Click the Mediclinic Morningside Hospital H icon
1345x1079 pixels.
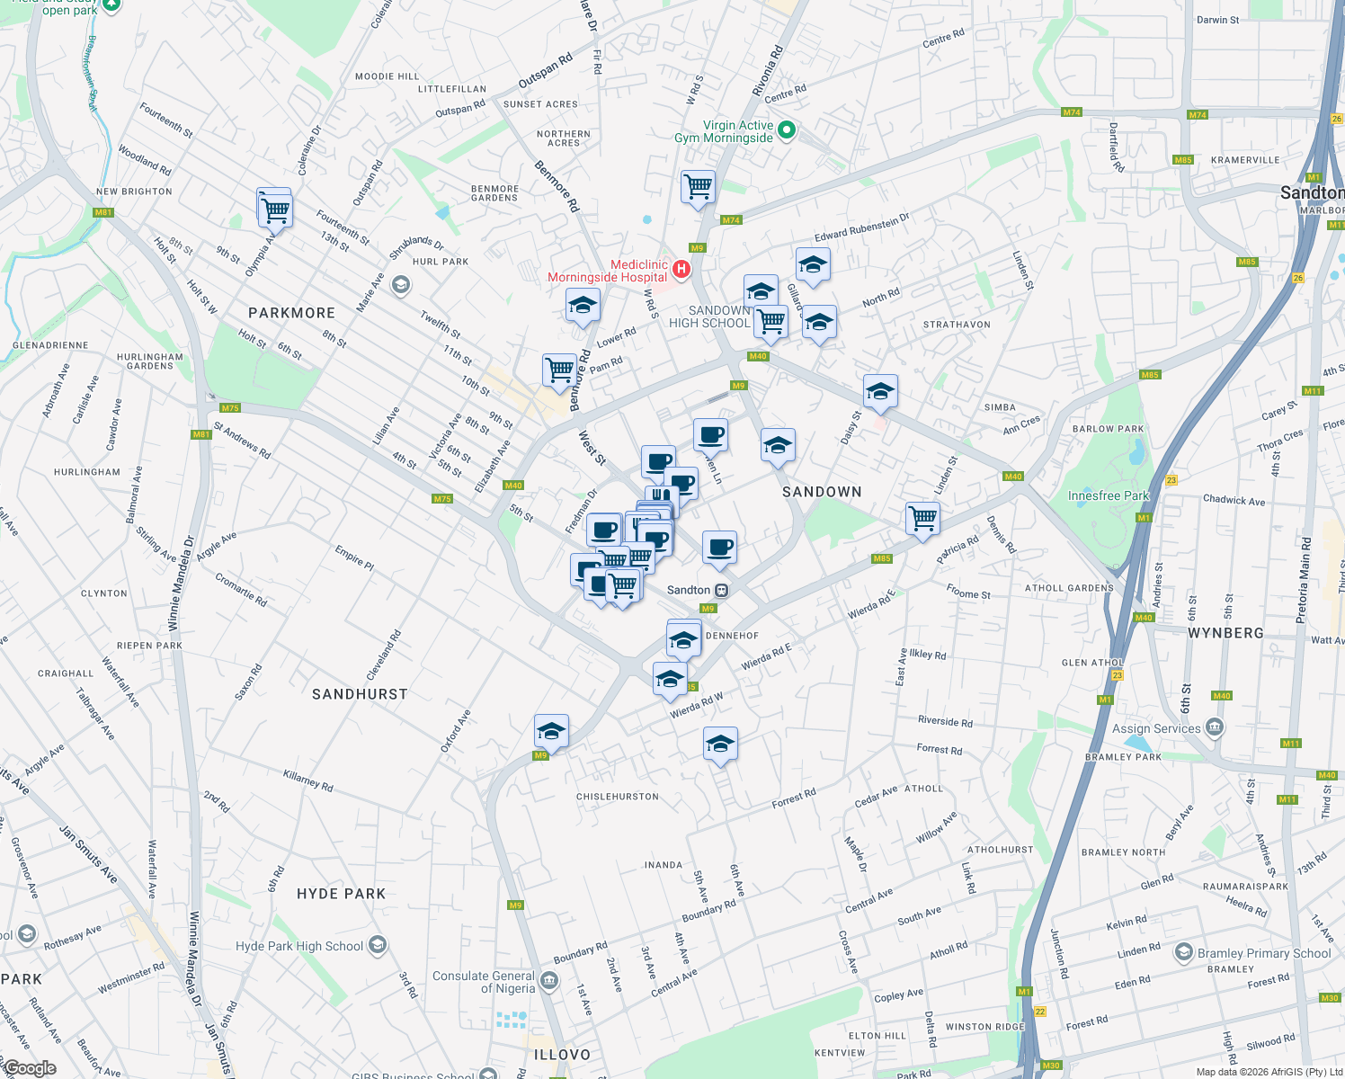pos(681,269)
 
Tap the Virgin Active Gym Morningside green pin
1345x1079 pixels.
pos(787,131)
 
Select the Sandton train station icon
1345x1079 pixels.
pos(721,590)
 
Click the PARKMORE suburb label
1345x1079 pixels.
pos(291,313)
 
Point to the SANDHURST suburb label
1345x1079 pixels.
pos(360,694)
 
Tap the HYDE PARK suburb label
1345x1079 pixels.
pos(341,894)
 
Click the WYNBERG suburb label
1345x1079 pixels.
pos(1225,633)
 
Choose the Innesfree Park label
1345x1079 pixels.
pos(1108,495)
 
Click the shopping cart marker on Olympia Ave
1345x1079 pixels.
pos(274,210)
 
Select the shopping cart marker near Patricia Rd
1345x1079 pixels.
pos(922,518)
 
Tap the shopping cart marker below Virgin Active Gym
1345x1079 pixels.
pos(698,187)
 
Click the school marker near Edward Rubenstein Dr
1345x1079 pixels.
pos(813,264)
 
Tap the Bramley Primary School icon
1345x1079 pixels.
pos(1184,953)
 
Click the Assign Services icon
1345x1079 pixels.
pos(1215,727)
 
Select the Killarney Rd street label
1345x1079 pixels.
pos(307,780)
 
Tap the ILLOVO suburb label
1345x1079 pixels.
pos(562,1055)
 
